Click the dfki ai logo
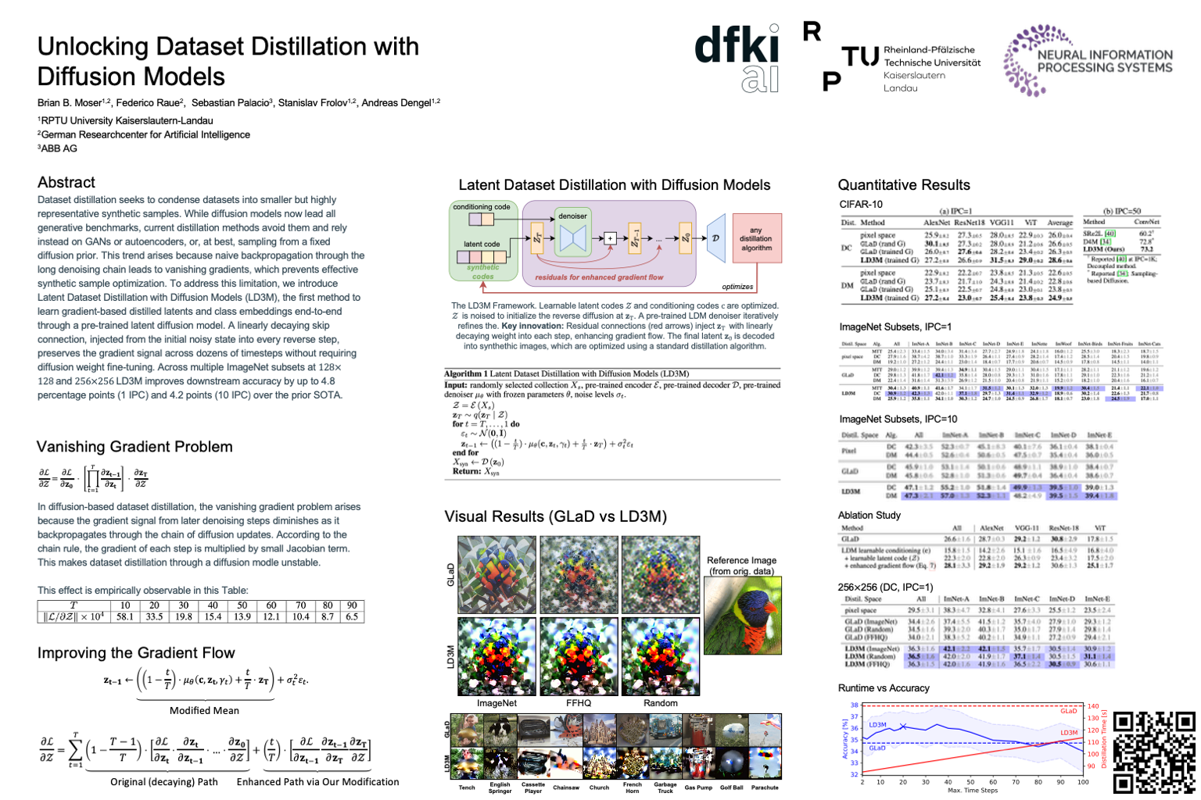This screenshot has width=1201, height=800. (737, 59)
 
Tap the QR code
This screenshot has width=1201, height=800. (1153, 752)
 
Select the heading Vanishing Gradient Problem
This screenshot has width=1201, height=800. (134, 447)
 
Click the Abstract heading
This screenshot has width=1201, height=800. (66, 182)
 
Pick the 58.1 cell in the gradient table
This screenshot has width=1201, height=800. (125, 617)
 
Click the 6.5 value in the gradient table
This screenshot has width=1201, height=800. (352, 617)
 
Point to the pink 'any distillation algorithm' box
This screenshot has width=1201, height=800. (755, 239)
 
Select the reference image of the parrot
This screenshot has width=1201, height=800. (742, 615)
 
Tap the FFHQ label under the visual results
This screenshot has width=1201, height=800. (579, 703)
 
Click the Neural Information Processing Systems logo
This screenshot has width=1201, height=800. (1088, 60)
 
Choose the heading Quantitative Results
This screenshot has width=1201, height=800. (904, 185)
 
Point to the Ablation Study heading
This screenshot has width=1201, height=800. (869, 516)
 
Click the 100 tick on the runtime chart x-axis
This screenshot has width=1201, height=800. (1083, 782)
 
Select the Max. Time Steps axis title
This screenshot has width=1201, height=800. (972, 791)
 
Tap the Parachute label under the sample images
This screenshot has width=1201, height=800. (765, 787)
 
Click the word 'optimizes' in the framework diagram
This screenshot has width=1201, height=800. (737, 287)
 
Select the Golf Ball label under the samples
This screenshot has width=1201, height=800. (732, 787)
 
